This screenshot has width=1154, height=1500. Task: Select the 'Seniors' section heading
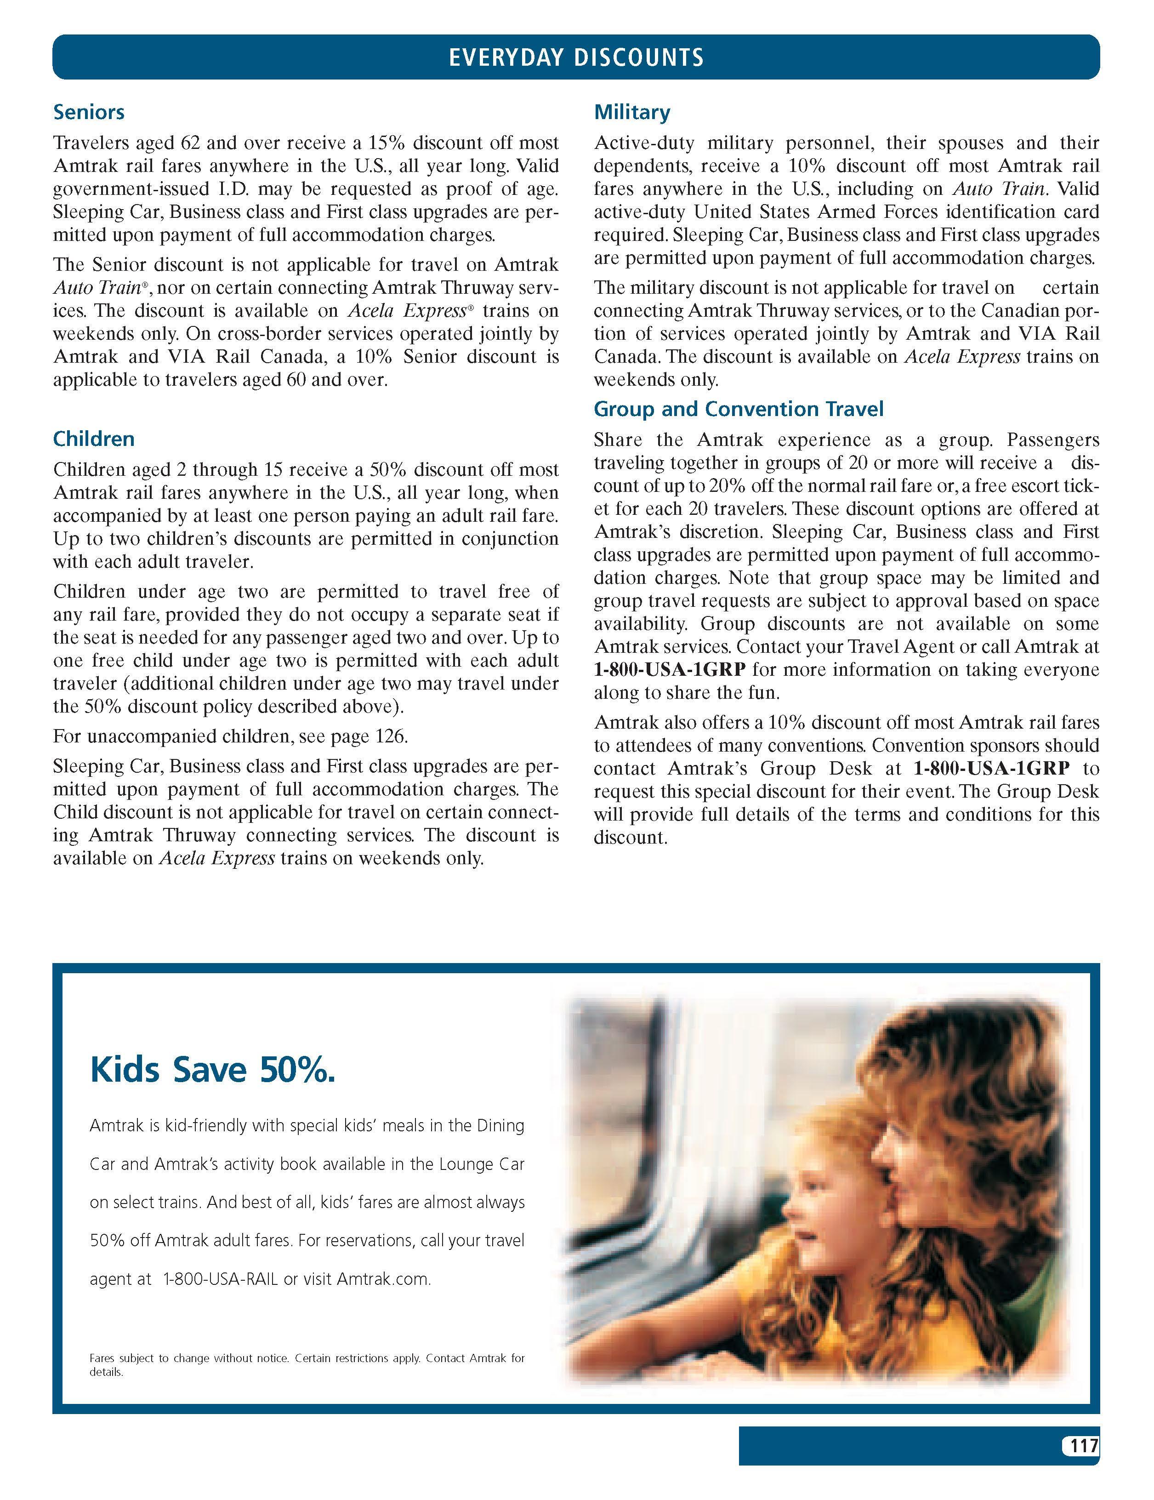(89, 112)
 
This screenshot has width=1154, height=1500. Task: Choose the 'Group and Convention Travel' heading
(738, 409)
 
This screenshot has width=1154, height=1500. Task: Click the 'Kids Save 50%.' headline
(213, 1070)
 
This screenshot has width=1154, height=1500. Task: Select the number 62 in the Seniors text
(189, 143)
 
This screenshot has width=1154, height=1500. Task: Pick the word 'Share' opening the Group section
(618, 440)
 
